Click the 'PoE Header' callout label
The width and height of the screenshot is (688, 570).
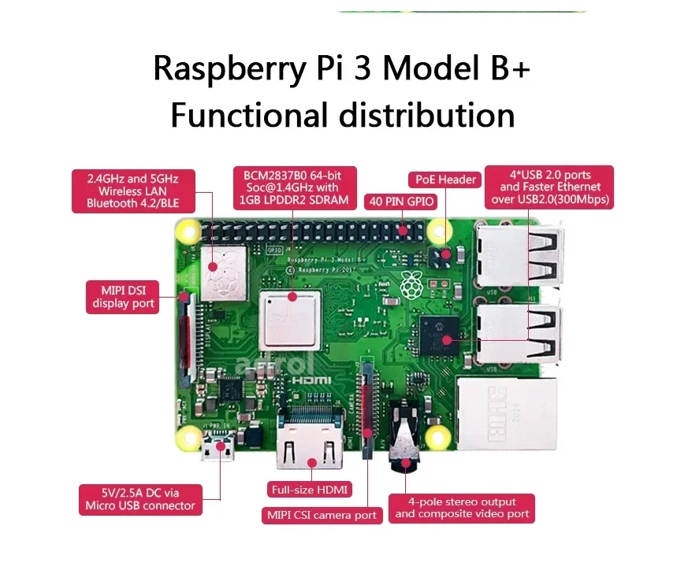445,180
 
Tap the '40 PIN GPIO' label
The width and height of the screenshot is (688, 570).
401,201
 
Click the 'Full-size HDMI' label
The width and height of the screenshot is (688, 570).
310,489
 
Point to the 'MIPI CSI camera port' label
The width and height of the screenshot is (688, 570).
322,515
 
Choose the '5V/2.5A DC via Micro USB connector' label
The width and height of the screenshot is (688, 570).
140,499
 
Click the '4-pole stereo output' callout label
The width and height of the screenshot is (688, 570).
462,508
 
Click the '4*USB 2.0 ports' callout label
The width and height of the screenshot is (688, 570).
549,187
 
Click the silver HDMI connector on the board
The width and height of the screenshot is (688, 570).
309,450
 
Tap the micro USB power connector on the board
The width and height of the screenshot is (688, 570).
218,453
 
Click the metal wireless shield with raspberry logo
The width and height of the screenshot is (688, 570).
222,272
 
